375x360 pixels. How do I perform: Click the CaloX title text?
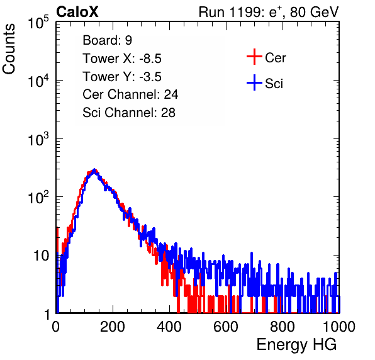coord(77,12)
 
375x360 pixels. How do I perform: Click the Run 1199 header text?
coord(269,12)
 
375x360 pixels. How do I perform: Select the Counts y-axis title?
coord(9,49)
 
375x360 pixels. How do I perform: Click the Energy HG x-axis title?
coord(296,345)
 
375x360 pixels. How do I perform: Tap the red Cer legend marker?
coord(254,57)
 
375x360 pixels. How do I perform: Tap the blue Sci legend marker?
coord(254,82)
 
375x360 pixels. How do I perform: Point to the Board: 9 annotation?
coord(108,40)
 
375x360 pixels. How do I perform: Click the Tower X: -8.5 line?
coord(122,59)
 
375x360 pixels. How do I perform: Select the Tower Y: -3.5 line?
coord(122,77)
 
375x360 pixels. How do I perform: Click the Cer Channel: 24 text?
coord(130,94)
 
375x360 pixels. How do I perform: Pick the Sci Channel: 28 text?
coord(129,113)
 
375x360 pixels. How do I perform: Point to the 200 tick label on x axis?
coord(113,326)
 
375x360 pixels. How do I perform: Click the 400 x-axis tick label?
coord(169,326)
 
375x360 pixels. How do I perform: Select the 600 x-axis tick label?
coord(226,326)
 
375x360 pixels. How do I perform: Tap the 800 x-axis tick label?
coord(283,326)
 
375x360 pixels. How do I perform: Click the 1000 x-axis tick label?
coord(339,326)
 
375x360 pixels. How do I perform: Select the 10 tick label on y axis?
coord(41,256)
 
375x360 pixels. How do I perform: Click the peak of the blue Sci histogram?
coord(94,170)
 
